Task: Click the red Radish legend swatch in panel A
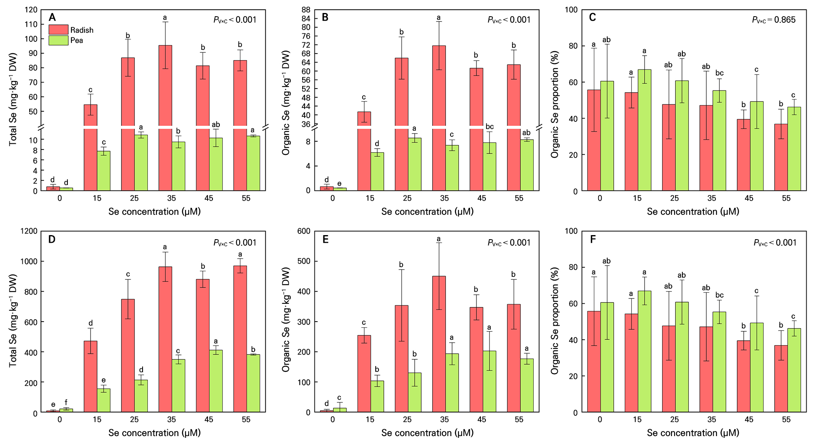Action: click(58, 30)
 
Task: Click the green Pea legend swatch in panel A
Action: click(58, 40)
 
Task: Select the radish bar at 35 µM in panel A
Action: click(165, 85)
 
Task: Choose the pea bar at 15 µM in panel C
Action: click(645, 130)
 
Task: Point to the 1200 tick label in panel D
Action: click(29, 231)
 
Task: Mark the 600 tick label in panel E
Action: click(304, 231)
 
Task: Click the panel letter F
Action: click(593, 239)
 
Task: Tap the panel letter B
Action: click(325, 17)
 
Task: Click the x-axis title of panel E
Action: click(427, 433)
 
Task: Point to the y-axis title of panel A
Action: click(13, 99)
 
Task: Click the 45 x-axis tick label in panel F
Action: click(749, 419)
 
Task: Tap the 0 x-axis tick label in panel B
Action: click(333, 198)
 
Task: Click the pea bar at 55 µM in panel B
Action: click(527, 165)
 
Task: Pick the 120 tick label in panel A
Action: click(31, 10)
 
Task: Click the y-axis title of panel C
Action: click(555, 104)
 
